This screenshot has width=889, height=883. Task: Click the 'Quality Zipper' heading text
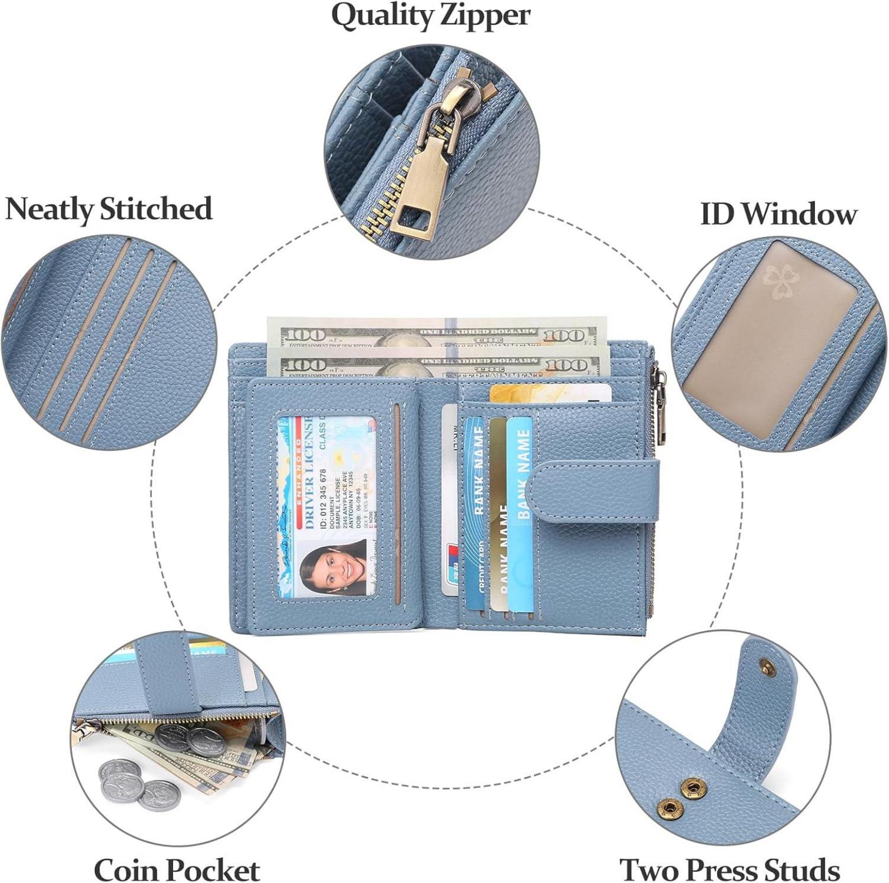pyautogui.click(x=430, y=16)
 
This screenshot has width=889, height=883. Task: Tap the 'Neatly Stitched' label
pyautogui.click(x=108, y=209)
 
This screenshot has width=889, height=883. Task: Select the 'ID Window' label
pyautogui.click(x=778, y=214)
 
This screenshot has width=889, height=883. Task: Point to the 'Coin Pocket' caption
pyautogui.click(x=177, y=869)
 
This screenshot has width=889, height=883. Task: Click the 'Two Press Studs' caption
pyautogui.click(x=729, y=869)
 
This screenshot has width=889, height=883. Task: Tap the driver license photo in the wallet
pyautogui.click(x=333, y=568)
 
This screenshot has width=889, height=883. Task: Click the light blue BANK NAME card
pyautogui.click(x=520, y=512)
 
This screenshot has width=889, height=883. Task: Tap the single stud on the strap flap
pyautogui.click(x=766, y=666)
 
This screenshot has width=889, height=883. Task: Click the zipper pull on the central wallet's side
pyautogui.click(x=661, y=406)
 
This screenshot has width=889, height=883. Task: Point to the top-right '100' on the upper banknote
pyautogui.click(x=563, y=336)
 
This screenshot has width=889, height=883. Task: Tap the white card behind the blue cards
pyautogui.click(x=450, y=500)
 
